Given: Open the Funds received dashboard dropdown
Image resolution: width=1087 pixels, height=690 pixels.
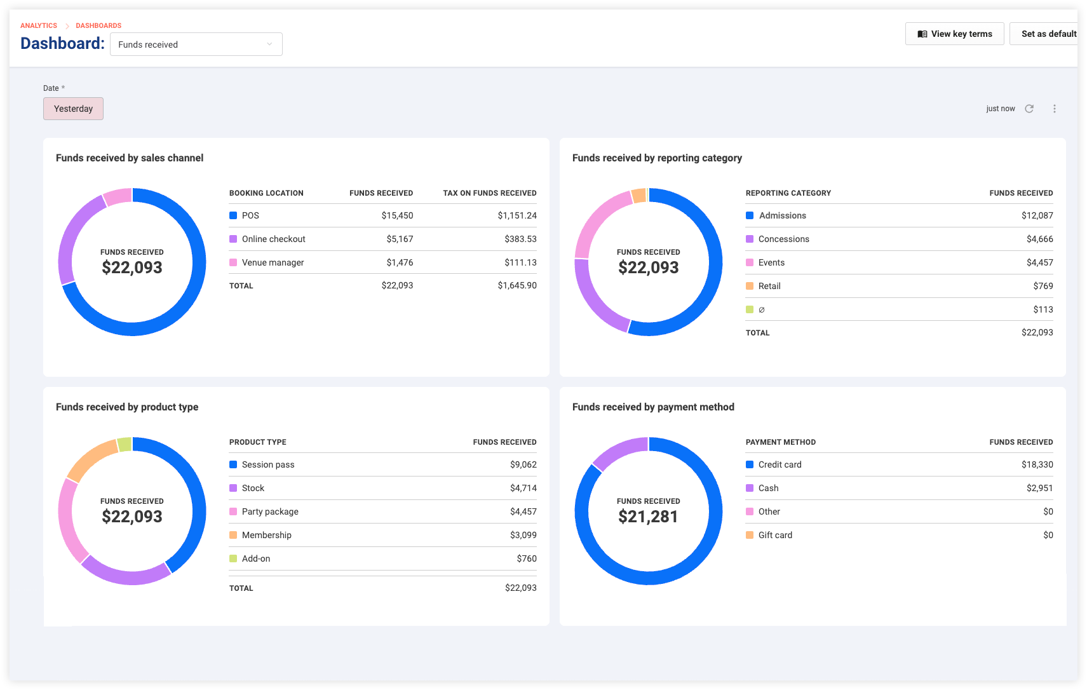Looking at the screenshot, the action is [x=196, y=44].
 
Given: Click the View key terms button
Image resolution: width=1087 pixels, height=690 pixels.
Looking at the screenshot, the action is [x=954, y=34].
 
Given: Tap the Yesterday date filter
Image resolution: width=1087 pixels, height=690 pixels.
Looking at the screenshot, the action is [x=73, y=109].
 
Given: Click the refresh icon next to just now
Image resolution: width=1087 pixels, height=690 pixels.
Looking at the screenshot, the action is [x=1029, y=109].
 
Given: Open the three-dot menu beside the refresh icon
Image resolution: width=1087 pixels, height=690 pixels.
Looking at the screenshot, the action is [x=1055, y=109].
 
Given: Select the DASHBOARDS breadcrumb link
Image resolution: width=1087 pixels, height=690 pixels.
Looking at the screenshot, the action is [x=98, y=25].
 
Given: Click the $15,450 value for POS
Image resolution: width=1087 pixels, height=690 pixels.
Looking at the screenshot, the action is [x=397, y=215].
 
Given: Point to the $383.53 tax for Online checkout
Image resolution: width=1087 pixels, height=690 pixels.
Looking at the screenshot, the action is [x=520, y=239].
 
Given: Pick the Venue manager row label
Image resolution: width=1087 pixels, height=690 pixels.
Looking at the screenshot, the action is [x=273, y=262].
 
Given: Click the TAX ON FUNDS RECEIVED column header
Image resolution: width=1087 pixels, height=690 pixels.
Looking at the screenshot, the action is [x=490, y=193].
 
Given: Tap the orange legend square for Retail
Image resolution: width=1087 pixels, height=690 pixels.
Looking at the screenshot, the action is [x=750, y=286].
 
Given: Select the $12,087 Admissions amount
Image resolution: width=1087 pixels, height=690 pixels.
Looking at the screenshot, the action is [x=1037, y=215].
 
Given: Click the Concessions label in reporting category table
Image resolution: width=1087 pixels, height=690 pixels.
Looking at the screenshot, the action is [x=784, y=239].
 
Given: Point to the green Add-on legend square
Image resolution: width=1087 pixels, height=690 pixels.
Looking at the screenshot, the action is [x=233, y=558].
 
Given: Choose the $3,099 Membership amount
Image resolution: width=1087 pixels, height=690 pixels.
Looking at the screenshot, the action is [x=523, y=535].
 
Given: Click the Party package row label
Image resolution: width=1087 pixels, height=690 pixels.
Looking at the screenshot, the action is [x=270, y=511].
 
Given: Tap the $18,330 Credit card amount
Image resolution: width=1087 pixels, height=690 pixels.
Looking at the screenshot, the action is [x=1037, y=464].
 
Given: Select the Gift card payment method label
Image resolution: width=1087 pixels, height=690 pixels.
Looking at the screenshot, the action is [x=775, y=535].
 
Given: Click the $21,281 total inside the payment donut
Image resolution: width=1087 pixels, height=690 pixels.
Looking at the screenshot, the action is [x=648, y=517].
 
